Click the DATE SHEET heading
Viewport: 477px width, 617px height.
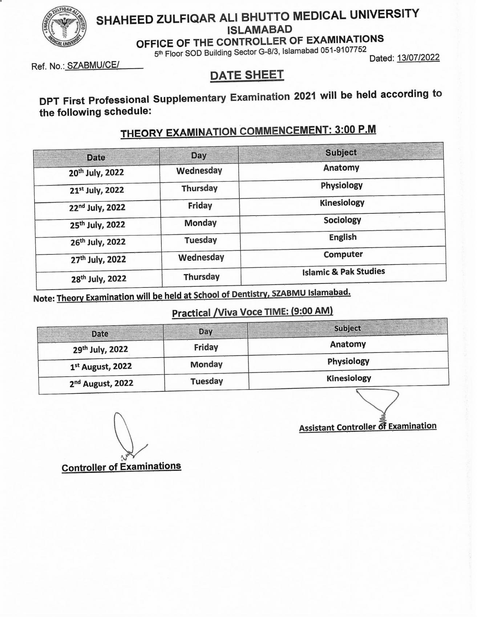[x=247, y=75]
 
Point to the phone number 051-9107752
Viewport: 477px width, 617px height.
[x=343, y=50]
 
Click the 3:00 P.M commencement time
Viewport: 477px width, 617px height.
[x=355, y=130]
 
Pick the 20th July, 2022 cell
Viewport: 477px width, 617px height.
[x=96, y=172]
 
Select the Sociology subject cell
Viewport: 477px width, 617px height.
[x=342, y=220]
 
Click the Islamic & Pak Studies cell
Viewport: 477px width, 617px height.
[x=343, y=271]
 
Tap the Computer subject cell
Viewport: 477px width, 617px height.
[x=343, y=254]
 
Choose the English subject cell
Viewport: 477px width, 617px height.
[x=343, y=237]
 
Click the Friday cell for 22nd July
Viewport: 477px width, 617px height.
[x=200, y=205]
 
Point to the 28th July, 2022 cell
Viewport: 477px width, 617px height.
[x=98, y=279]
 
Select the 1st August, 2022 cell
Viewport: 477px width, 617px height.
[x=101, y=366]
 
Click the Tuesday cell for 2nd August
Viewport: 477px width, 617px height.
[x=206, y=381]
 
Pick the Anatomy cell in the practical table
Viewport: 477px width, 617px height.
[x=348, y=344]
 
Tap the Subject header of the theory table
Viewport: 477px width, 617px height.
[x=341, y=152]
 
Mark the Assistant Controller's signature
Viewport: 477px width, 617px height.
[x=378, y=403]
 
